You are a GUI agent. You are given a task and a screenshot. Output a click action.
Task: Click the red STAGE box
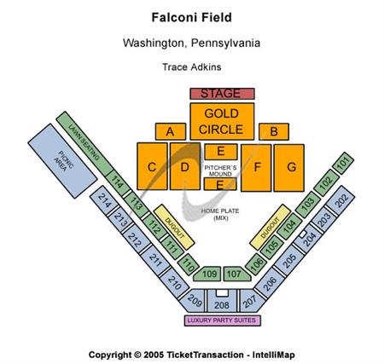point(221,93)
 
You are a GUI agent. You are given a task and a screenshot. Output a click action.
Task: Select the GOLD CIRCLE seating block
point(221,121)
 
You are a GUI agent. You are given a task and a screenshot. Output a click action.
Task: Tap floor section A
point(171,131)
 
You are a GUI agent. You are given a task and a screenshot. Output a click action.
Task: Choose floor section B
point(274,131)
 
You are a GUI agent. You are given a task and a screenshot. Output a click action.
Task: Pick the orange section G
point(291,167)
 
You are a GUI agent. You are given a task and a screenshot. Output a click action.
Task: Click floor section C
point(151,167)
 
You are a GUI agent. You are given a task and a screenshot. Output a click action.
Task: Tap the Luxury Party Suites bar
point(221,321)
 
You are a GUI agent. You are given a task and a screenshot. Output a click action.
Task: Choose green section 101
point(342,162)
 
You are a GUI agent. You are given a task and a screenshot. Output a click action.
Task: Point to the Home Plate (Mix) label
point(221,214)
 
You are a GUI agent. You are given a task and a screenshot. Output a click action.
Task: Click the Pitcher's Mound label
point(221,170)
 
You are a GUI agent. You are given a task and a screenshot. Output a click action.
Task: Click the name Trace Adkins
point(191,66)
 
